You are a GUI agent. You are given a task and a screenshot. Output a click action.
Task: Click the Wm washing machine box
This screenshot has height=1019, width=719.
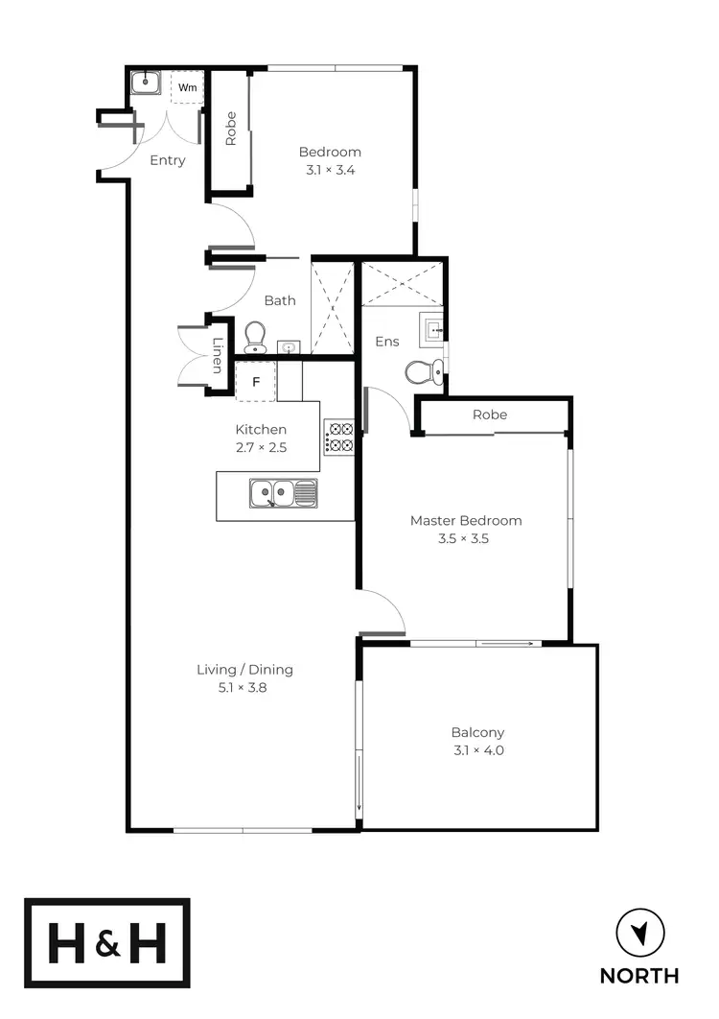tap(187, 87)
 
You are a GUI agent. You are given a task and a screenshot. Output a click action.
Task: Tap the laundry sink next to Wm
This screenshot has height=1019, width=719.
tap(145, 83)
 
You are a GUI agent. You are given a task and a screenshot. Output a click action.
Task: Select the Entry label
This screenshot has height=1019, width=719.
tap(168, 160)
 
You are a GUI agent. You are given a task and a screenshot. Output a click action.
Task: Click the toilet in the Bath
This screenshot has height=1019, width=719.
tap(255, 337)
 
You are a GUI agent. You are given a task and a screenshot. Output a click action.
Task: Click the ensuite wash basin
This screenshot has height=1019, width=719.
tap(433, 331)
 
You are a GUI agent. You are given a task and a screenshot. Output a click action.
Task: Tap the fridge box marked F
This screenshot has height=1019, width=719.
tap(255, 382)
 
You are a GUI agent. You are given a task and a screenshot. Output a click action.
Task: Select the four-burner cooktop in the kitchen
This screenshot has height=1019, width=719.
tap(339, 438)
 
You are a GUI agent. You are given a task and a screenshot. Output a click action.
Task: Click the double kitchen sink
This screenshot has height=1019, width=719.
tap(283, 494)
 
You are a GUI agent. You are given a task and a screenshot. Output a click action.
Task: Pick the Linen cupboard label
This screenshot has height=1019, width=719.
tap(218, 357)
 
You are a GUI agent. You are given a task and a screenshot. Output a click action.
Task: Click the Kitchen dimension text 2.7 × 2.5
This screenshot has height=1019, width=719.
tap(261, 447)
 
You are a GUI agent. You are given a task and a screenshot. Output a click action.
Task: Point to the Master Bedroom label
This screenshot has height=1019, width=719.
tap(466, 520)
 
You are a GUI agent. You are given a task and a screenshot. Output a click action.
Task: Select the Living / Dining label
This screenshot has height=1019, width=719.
tap(244, 670)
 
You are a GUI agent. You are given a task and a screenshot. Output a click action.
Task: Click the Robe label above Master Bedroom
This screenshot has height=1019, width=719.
tap(489, 415)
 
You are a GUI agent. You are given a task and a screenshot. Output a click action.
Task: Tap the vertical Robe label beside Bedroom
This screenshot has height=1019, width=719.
tap(231, 130)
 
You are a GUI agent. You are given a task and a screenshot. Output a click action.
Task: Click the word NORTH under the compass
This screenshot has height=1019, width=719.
tap(639, 976)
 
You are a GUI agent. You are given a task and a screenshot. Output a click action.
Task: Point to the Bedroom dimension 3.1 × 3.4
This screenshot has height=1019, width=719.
tap(330, 170)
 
